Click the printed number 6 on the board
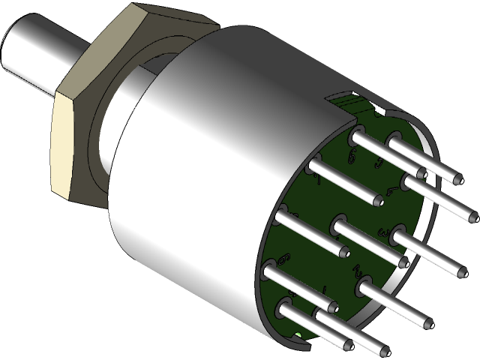tap(283, 259)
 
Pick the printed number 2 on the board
tap(358, 270)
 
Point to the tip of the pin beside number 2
tap(427, 323)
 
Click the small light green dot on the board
tap(298, 335)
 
